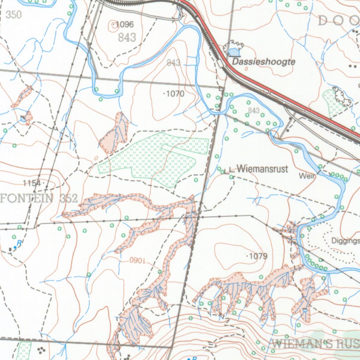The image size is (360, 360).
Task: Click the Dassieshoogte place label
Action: click(264, 62)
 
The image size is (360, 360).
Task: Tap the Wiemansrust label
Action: click(262, 169)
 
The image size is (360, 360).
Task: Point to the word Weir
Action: click(307, 175)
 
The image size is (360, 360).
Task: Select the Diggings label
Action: click(346, 241)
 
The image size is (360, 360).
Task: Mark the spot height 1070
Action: click(175, 94)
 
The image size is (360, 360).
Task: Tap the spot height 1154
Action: click(32, 183)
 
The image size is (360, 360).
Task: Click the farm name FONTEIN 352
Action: click(39, 198)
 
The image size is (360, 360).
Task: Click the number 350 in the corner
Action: click(13, 15)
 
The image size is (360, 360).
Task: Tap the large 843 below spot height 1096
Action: click(127, 38)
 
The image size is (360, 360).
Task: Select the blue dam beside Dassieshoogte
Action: click(234, 52)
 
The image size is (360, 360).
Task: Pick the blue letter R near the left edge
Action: click(19, 243)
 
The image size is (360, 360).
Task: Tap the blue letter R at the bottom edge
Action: click(194, 358)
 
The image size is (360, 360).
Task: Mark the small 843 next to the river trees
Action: click(253, 111)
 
